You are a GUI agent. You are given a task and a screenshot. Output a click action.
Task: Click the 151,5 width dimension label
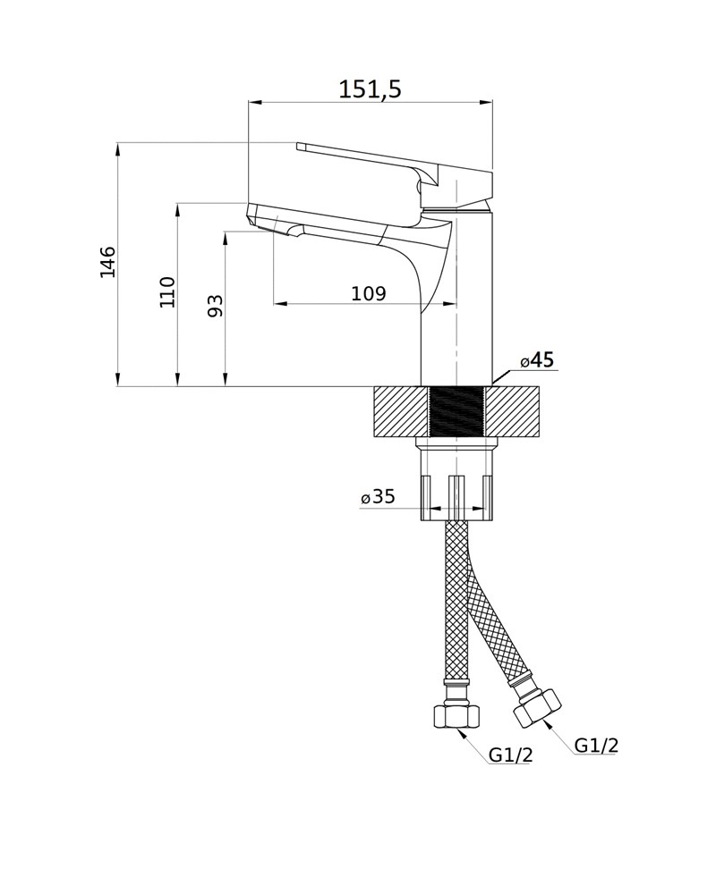click(x=370, y=89)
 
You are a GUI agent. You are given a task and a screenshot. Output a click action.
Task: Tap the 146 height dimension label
click(x=107, y=262)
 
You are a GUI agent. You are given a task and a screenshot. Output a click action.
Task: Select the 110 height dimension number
click(x=167, y=292)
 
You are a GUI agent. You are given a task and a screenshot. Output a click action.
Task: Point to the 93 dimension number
click(x=215, y=306)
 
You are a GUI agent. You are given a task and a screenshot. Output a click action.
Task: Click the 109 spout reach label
click(x=368, y=293)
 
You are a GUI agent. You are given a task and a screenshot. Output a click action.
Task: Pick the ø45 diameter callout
click(x=537, y=360)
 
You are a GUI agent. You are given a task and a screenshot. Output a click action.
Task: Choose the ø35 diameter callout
click(x=378, y=496)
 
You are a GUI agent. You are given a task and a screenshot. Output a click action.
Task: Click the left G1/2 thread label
click(x=510, y=755)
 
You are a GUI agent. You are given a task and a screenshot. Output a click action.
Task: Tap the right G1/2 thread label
click(x=596, y=745)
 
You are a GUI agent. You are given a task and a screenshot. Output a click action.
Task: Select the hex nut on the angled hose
click(x=537, y=707)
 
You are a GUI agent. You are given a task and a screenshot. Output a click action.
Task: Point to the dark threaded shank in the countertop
click(x=456, y=412)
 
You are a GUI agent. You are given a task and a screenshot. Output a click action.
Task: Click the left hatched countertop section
click(x=400, y=412)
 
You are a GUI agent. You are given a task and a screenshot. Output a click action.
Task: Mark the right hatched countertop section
click(x=512, y=412)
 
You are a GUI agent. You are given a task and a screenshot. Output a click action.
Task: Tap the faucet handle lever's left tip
click(x=298, y=148)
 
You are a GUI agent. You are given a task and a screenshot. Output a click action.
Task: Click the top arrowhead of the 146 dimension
click(x=117, y=149)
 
